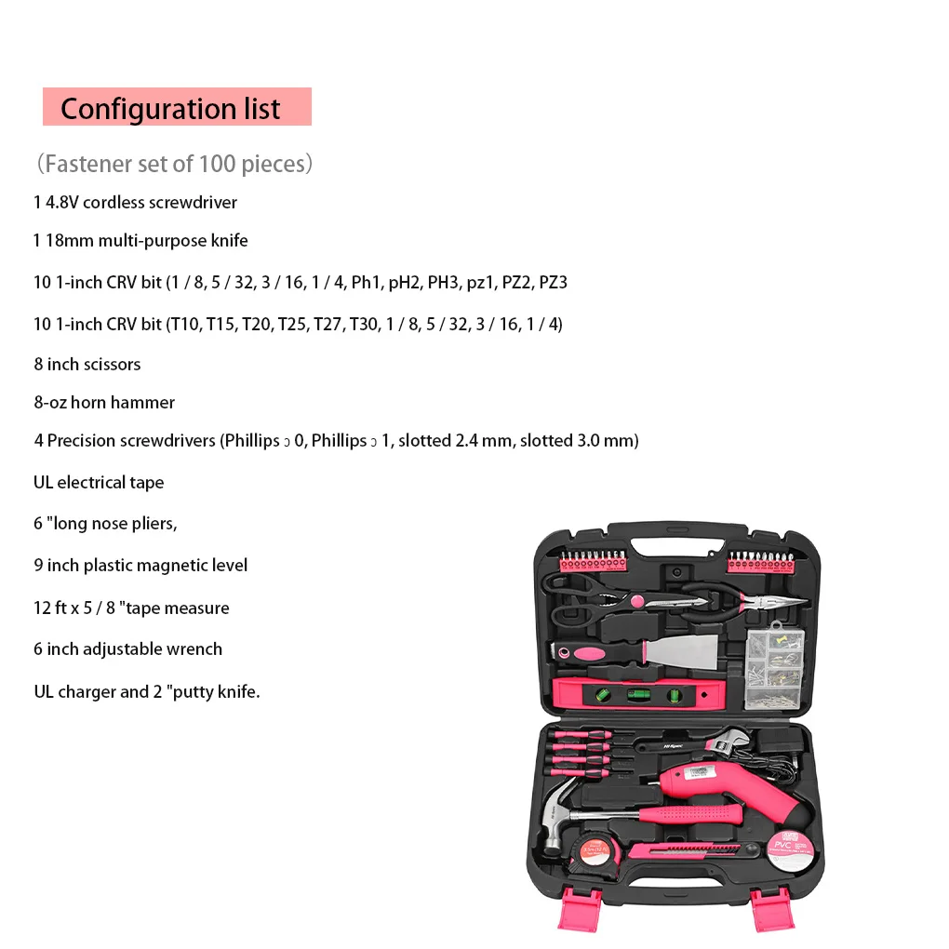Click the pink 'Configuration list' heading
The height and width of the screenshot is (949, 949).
pos(177,107)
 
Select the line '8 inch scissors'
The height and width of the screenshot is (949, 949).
pos(87,364)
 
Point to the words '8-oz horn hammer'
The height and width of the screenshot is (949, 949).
pos(104,402)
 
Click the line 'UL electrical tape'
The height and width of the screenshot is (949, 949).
pos(99,482)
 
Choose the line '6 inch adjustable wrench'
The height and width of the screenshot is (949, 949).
pos(128,648)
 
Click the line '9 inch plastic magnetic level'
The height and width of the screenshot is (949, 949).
pos(140,565)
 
